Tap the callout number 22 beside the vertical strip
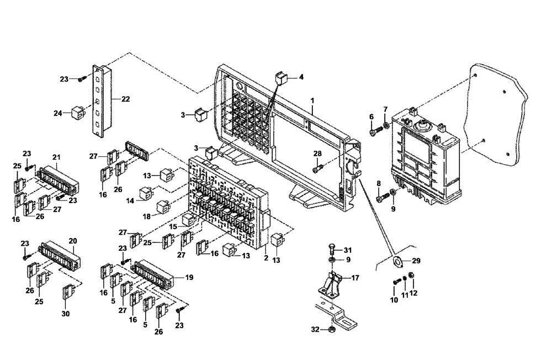point(125,99)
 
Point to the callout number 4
point(301,77)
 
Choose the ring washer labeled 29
point(396,261)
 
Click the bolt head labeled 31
point(331,246)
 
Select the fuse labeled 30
point(68,290)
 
